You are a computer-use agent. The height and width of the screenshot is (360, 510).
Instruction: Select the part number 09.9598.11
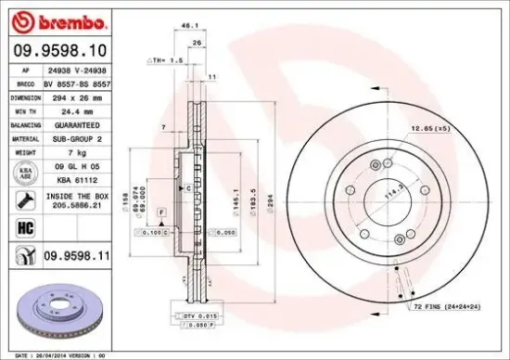(74, 254)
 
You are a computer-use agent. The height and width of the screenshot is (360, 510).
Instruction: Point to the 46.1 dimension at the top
(188, 27)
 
